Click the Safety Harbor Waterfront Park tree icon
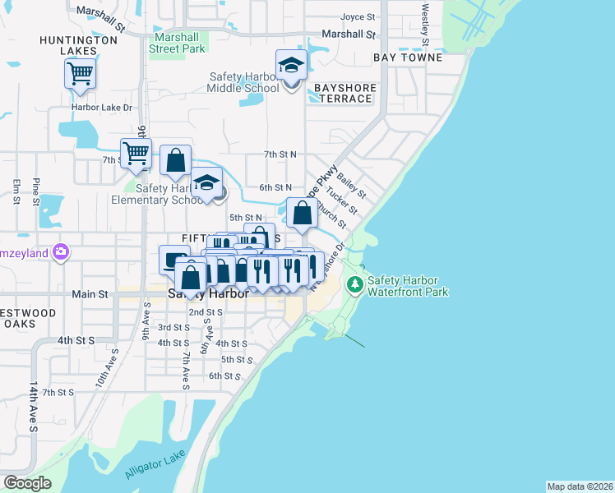click(355, 285)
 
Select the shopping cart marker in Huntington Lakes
click(80, 74)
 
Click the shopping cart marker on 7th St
click(136, 152)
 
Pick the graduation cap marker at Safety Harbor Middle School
click(291, 65)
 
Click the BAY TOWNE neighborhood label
click(408, 58)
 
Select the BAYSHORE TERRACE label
click(344, 93)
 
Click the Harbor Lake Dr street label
click(102, 108)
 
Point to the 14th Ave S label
click(34, 406)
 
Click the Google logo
click(27, 483)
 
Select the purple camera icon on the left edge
click(59, 252)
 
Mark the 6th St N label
click(275, 187)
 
